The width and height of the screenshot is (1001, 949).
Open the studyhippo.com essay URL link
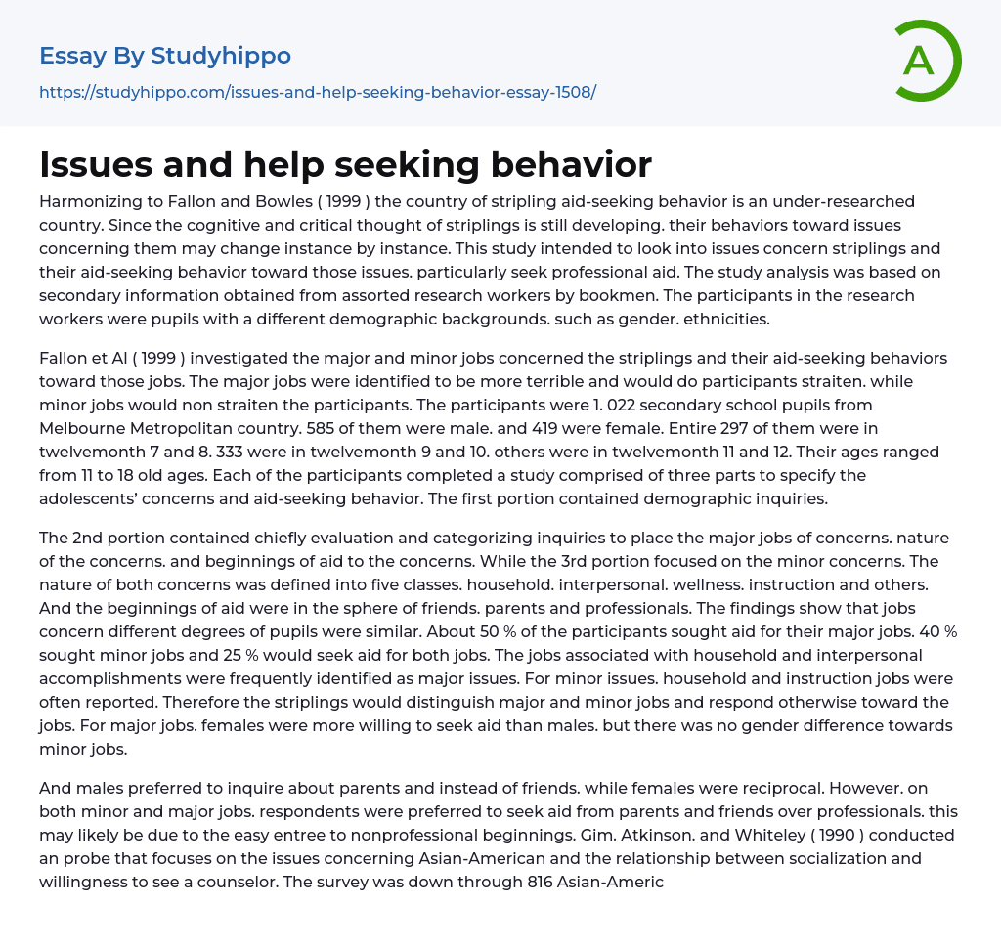[x=318, y=93]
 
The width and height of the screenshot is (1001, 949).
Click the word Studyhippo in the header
[x=221, y=56]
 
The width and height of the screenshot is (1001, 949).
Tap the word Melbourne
[x=79, y=428]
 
